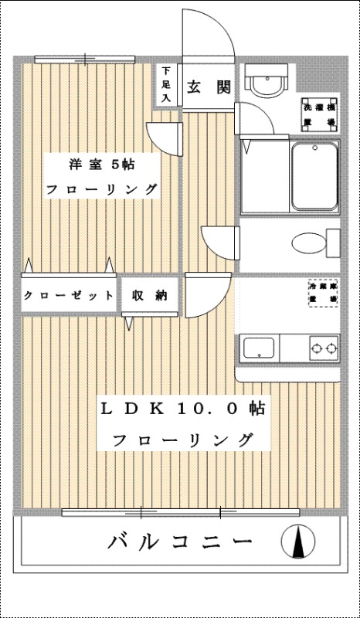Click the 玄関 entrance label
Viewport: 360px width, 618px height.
tap(208, 87)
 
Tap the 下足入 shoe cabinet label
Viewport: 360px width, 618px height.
tap(166, 84)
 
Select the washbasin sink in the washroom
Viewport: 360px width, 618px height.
tap(267, 81)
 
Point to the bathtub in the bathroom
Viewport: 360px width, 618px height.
tap(315, 178)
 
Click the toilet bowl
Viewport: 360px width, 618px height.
tap(312, 244)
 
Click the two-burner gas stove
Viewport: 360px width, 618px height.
tap(324, 348)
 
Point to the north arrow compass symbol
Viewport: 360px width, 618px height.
tap(297, 542)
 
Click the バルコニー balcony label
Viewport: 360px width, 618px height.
tap(179, 541)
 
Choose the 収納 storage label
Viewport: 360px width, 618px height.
tap(150, 295)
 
